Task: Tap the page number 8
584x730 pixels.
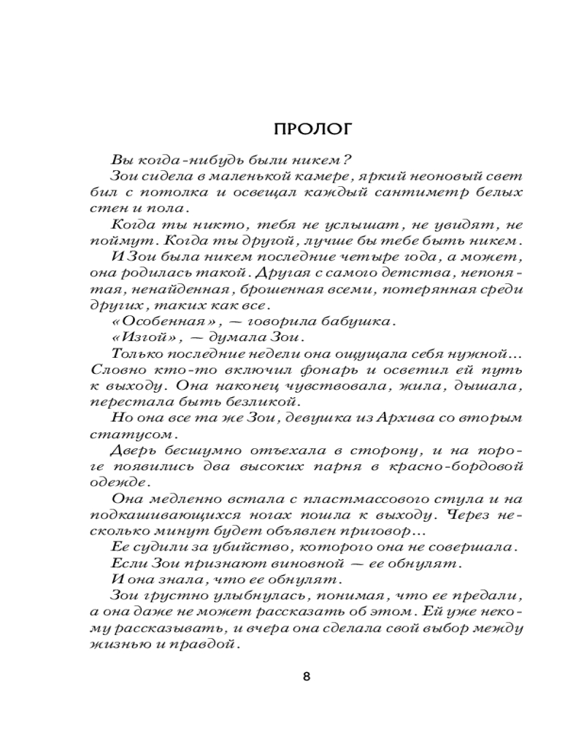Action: pyautogui.click(x=307, y=676)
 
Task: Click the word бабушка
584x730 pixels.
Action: pyautogui.click(x=364, y=320)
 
